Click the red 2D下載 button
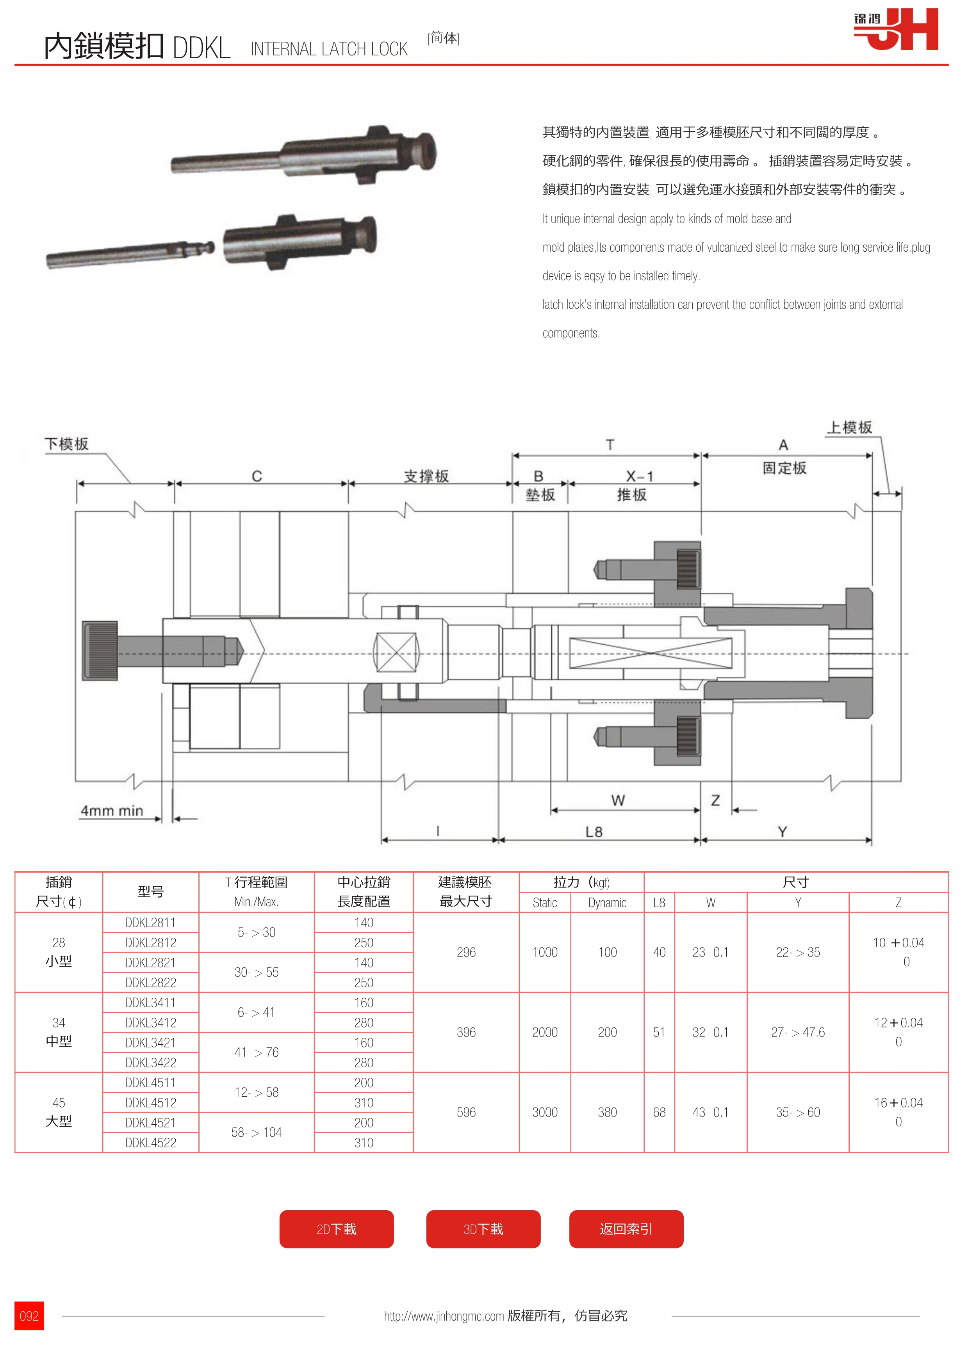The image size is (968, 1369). pos(336,1229)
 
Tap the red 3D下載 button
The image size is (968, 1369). pos(483,1229)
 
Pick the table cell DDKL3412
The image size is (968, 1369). pos(150,1022)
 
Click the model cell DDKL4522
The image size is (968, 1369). pos(150,1142)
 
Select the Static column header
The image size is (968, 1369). pos(545,903)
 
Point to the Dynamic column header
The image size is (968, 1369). pos(607,903)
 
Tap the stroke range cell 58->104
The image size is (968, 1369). pos(257,1132)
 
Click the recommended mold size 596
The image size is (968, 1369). pos(466,1112)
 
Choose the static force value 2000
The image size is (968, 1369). pos(545,1032)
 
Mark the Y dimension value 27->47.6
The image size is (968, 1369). pos(797,1032)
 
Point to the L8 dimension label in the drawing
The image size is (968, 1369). pos(594,832)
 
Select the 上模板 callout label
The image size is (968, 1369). pos(849,427)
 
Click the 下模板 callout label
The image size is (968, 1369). pos(66,444)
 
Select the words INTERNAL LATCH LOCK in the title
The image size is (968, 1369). pos(329,49)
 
